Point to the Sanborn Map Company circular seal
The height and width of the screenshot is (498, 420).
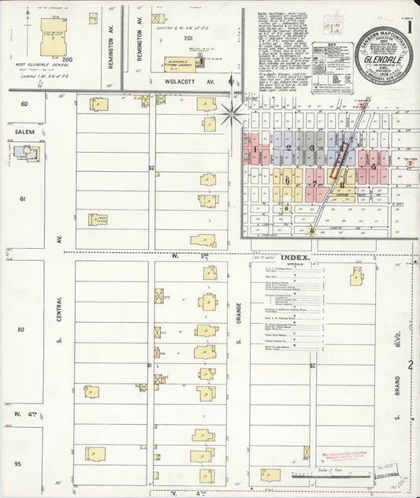pos(383,54)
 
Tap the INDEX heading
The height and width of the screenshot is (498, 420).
pos(295,258)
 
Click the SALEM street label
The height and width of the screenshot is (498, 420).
pos(24,132)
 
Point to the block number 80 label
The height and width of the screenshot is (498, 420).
pos(22,329)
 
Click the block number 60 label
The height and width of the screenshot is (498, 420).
pos(24,103)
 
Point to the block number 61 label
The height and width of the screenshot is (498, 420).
pos(23,199)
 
